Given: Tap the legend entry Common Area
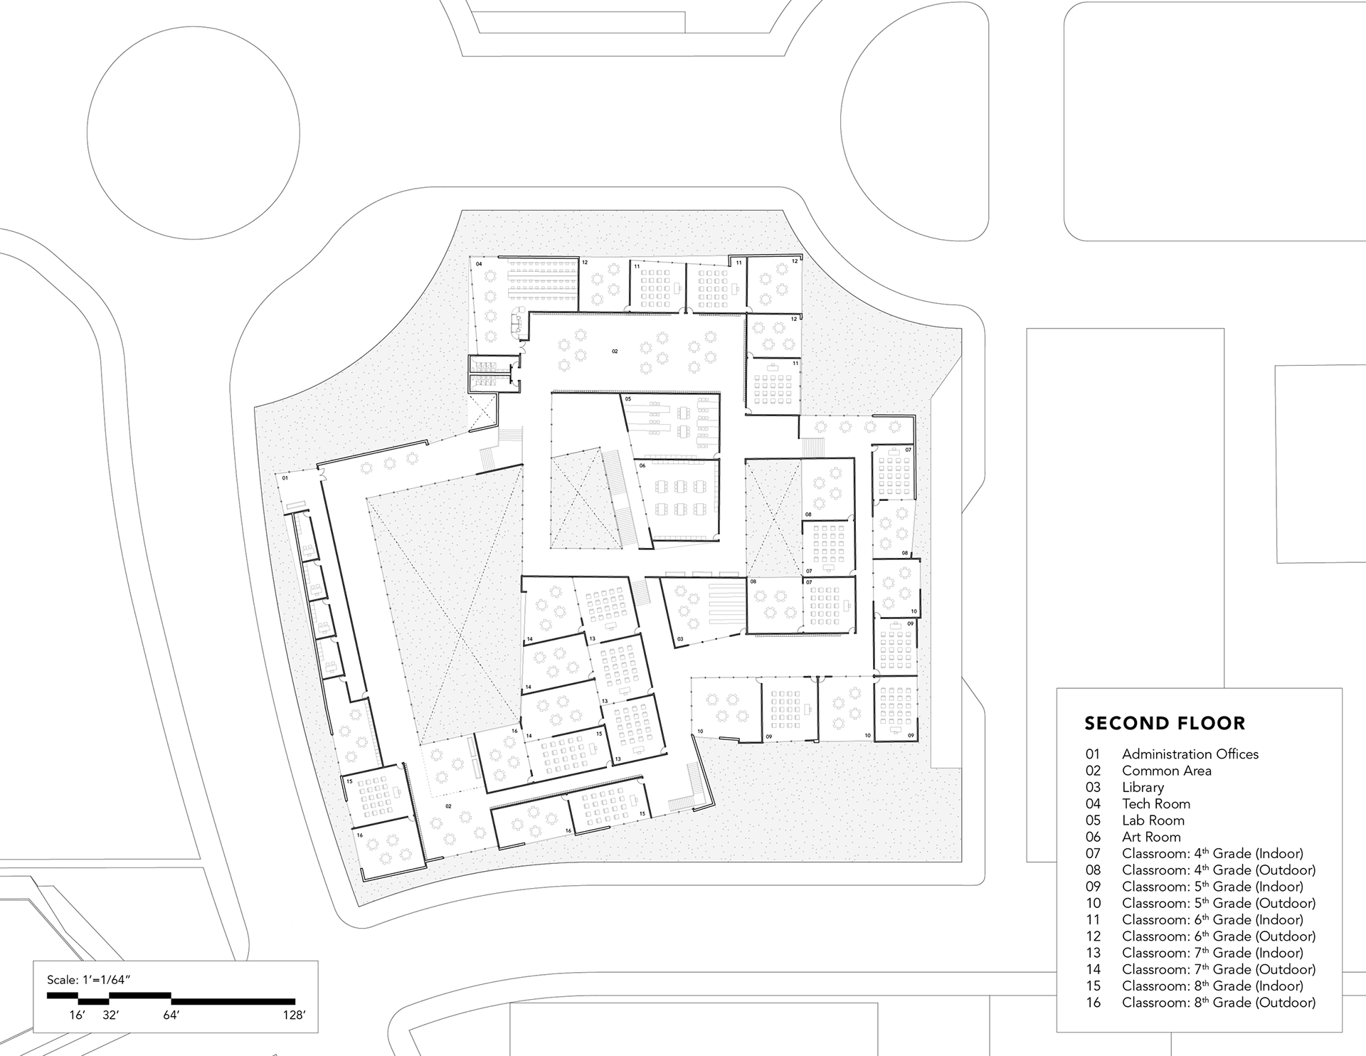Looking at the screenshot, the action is [x=1167, y=771].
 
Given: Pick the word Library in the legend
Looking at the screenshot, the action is [x=1143, y=787].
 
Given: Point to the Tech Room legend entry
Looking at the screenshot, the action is [x=1156, y=804].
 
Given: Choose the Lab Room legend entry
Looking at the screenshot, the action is [x=1153, y=820].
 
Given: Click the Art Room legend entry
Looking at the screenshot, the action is [x=1151, y=837].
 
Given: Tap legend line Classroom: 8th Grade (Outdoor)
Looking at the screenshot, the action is [x=1219, y=1003].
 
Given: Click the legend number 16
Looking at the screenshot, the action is [x=1093, y=1003].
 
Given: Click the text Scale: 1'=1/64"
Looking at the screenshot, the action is [x=89, y=980].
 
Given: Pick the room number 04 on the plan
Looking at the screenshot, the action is [x=479, y=264].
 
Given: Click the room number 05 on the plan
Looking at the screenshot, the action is [x=628, y=399].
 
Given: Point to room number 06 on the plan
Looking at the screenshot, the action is [x=642, y=465].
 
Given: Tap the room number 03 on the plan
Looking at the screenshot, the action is [x=679, y=639].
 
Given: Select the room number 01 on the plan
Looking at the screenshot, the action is [x=285, y=478].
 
